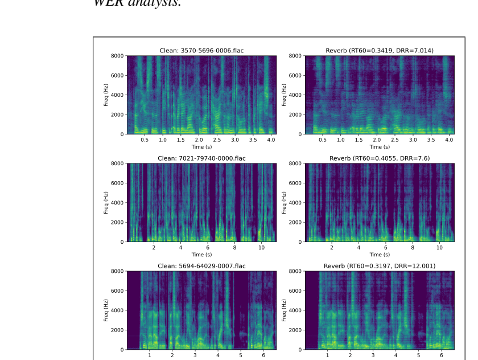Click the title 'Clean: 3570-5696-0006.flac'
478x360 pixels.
(x=201, y=51)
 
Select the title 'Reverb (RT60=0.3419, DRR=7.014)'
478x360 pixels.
(x=380, y=51)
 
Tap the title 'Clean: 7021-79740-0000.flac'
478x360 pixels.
(x=201, y=158)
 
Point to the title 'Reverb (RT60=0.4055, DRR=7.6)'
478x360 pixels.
(x=380, y=158)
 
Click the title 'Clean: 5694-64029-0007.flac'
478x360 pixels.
(x=201, y=266)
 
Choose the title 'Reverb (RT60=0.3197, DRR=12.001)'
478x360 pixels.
(x=380, y=266)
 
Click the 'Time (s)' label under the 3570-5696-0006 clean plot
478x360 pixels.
(x=201, y=147)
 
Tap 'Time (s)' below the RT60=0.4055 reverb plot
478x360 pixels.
(x=380, y=255)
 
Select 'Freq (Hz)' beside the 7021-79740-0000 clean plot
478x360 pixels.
(x=106, y=203)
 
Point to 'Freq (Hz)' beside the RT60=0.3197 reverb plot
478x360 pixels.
(x=284, y=310)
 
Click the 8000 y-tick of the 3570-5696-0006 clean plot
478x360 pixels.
(x=117, y=56)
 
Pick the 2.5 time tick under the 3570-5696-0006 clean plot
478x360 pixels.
(x=217, y=140)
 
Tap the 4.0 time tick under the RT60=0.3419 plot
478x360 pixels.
(x=449, y=140)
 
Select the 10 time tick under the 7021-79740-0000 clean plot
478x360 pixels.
(x=261, y=247)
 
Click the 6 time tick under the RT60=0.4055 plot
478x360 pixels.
(x=385, y=247)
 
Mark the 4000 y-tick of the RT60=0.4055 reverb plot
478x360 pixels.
(x=295, y=203)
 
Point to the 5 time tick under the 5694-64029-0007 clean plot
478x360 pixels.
(x=241, y=355)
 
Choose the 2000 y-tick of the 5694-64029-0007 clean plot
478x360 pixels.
(x=117, y=330)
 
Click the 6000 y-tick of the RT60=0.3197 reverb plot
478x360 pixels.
(x=295, y=291)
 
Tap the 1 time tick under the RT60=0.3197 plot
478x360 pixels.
(x=327, y=355)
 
